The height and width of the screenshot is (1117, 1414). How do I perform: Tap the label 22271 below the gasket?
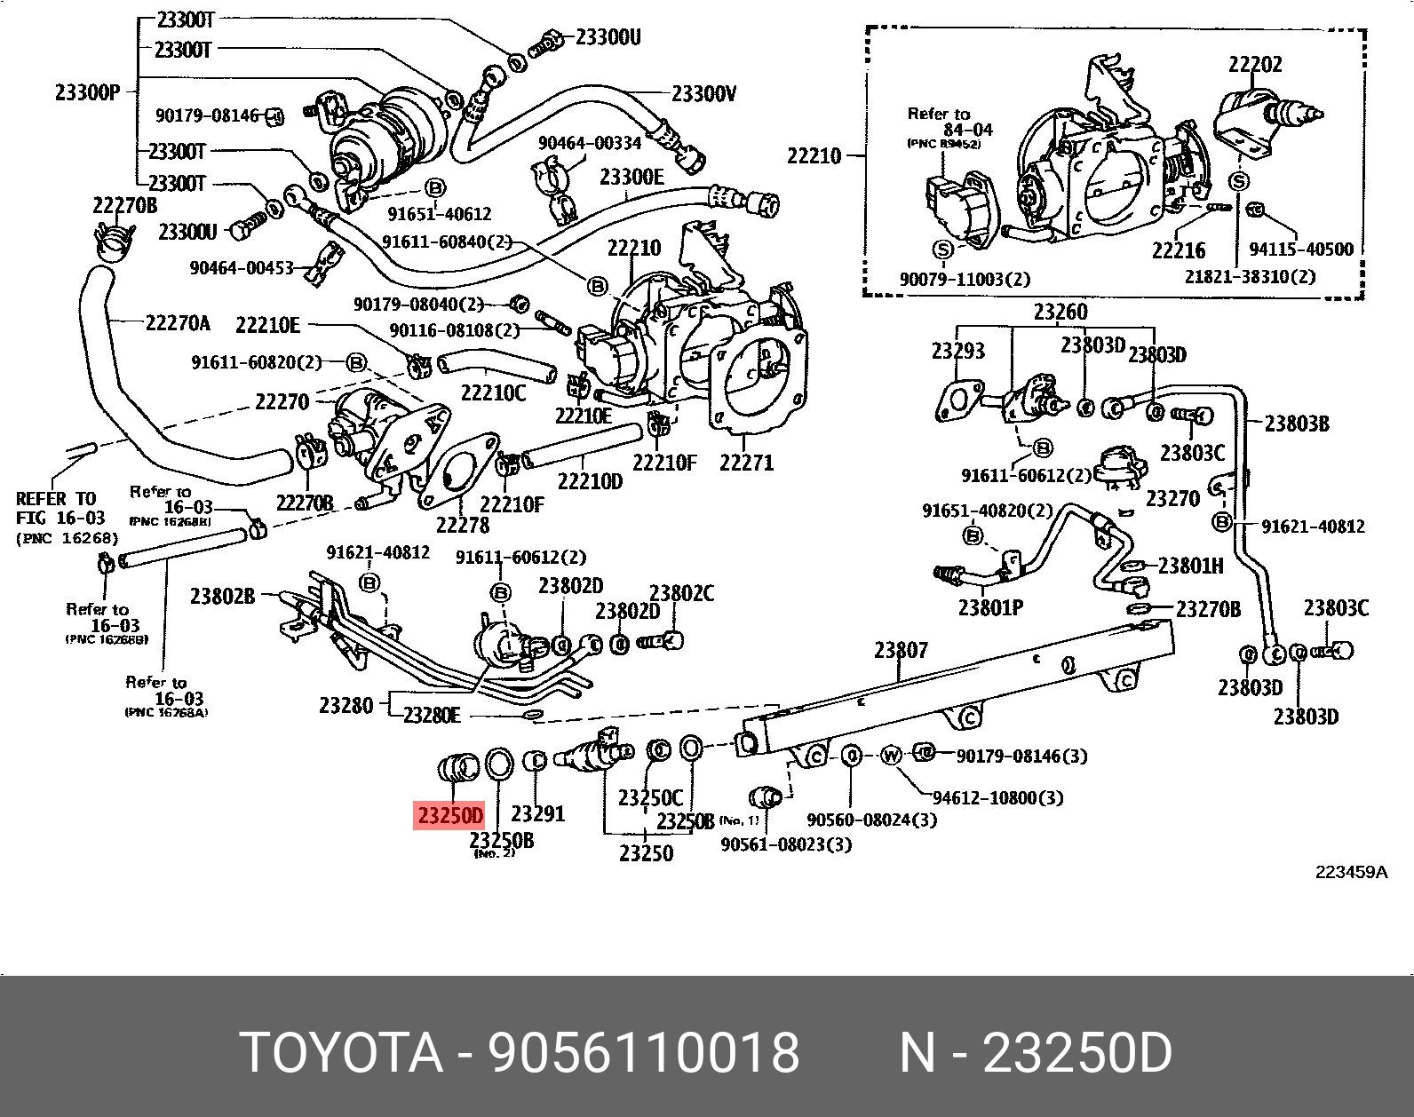coord(746,463)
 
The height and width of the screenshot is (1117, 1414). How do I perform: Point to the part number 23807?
coord(901,651)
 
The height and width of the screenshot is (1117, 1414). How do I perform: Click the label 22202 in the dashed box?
coord(1255,64)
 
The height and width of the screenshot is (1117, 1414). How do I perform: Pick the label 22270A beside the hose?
coord(178,323)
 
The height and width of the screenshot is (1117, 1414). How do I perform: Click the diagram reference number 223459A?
coord(1351,872)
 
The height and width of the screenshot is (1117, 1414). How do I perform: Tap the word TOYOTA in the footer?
coord(342,1053)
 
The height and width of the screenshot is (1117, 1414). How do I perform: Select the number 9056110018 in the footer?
coord(645,1053)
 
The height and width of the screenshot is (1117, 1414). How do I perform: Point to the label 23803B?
coord(1297,424)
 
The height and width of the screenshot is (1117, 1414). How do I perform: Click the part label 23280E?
coord(433,716)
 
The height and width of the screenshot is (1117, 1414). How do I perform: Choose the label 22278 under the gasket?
coord(462,525)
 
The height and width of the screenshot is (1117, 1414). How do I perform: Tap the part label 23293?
coord(957,351)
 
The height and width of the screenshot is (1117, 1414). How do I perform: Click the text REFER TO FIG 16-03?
coord(61,518)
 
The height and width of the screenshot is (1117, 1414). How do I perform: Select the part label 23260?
coord(1060,313)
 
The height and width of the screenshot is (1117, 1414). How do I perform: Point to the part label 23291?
coord(538,813)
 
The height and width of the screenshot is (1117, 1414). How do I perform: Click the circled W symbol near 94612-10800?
coord(891,756)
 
